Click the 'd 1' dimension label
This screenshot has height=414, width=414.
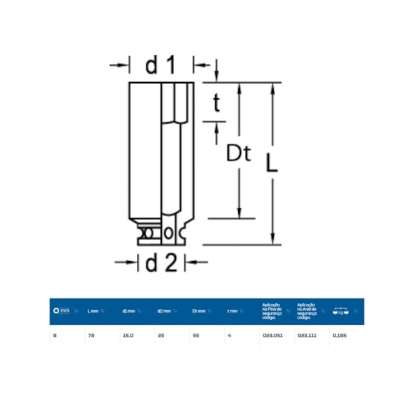point(160,65)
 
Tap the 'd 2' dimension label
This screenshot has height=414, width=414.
point(160,262)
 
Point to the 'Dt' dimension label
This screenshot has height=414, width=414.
point(239,154)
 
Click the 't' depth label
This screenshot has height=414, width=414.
point(217,104)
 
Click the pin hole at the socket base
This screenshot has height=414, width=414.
point(168,233)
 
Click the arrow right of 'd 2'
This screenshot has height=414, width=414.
point(199,261)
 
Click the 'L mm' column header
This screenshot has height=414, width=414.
point(93,311)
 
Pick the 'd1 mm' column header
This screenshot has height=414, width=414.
point(128,311)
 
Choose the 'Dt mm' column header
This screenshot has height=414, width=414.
point(198,311)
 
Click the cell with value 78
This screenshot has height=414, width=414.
point(90,334)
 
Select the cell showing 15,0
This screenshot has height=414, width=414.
point(127,334)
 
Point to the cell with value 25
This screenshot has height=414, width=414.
point(161,334)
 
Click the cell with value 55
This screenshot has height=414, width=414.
point(196,334)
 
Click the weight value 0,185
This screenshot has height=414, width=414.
point(339,334)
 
